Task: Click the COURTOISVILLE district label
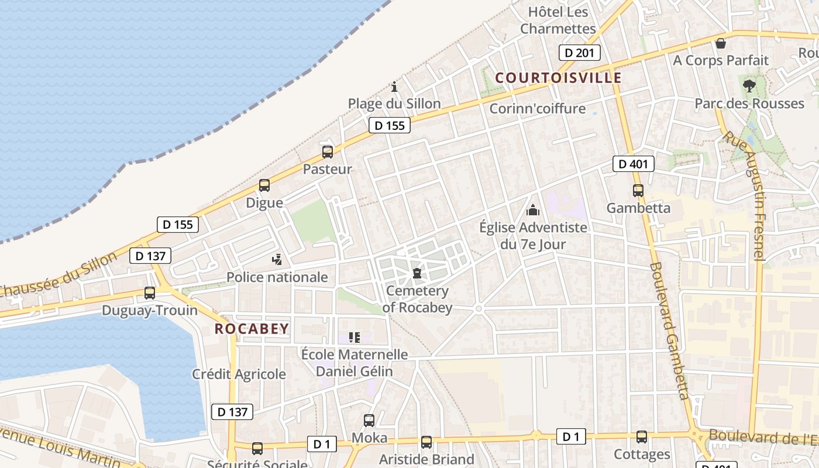pos(558,77)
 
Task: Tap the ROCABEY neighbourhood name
pos(252,329)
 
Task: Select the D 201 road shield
pos(579,53)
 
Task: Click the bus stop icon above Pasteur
pos(328,152)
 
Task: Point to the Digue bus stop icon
pos(264,185)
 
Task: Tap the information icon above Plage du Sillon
pos(394,87)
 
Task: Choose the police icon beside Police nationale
pos(277,259)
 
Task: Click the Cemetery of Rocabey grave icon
pos(417,273)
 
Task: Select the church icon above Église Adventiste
pos(533,209)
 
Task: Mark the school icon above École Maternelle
pos(355,338)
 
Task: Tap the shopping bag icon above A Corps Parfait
pos(721,43)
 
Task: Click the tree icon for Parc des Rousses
pos(749,87)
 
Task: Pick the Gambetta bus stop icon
pos(638,191)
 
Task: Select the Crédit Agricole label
pos(239,374)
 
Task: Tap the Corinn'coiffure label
pos(537,108)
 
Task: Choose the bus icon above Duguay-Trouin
pos(150,293)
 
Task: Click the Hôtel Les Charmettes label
pos(558,20)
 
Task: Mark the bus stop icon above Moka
pos(369,420)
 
